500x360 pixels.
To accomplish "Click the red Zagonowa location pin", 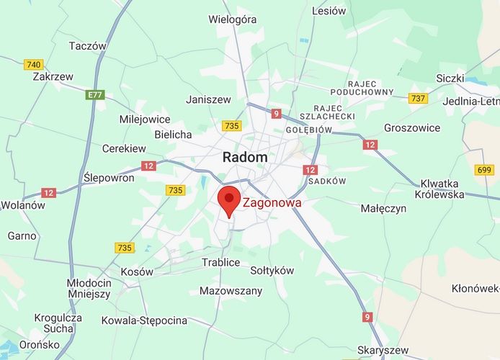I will tap(229, 199).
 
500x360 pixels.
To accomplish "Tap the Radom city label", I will tap(244, 157).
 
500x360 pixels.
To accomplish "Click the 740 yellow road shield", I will tap(33, 65).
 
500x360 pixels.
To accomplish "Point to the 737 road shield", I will tap(417, 98).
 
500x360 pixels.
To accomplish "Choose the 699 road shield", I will tap(483, 170).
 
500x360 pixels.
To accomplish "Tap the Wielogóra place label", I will tap(233, 19).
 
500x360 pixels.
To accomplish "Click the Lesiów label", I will tap(329, 11).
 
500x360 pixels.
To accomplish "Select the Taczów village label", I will tap(87, 45).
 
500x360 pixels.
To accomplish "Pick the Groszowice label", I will tap(412, 127).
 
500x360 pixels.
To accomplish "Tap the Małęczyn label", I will tap(383, 209).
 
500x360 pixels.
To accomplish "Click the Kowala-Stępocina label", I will tap(144, 320).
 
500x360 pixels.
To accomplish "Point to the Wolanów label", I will tap(22, 204).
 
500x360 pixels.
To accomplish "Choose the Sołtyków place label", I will tap(272, 271).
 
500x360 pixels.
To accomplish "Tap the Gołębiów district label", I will tap(308, 130).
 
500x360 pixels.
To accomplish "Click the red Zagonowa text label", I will tap(272, 203).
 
